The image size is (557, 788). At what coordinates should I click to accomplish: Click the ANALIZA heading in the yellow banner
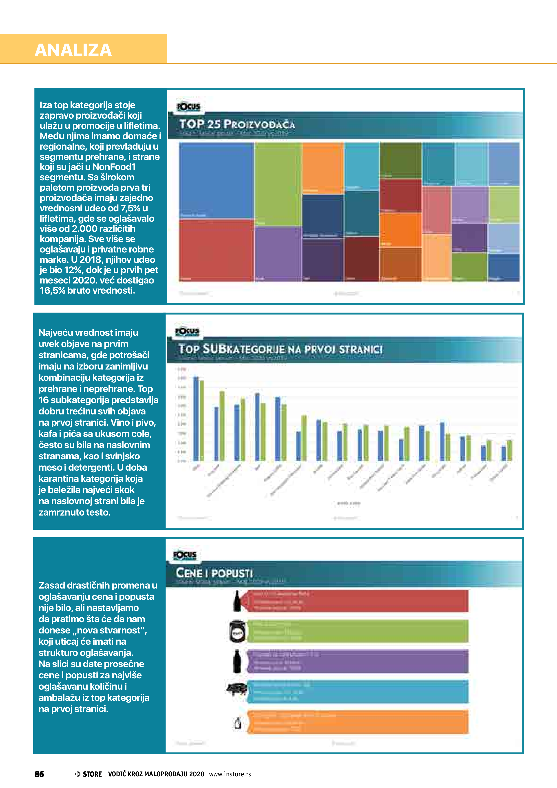[x=73, y=50]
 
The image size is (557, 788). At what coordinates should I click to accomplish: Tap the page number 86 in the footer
[x=39, y=774]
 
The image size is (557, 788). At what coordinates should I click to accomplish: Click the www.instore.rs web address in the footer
[x=230, y=774]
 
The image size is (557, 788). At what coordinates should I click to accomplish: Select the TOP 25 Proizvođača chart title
[x=237, y=124]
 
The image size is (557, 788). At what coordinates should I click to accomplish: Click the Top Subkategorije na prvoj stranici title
[x=280, y=349]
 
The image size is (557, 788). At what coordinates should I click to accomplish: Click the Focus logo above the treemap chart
[x=188, y=107]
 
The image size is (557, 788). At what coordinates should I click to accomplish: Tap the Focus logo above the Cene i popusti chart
[x=185, y=555]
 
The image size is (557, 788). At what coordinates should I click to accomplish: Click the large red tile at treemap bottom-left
[x=216, y=250]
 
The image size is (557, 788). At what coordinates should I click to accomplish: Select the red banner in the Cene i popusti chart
[x=357, y=601]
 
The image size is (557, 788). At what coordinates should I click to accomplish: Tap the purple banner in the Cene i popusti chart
[x=357, y=661]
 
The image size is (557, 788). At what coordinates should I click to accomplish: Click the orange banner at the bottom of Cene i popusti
[x=357, y=722]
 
